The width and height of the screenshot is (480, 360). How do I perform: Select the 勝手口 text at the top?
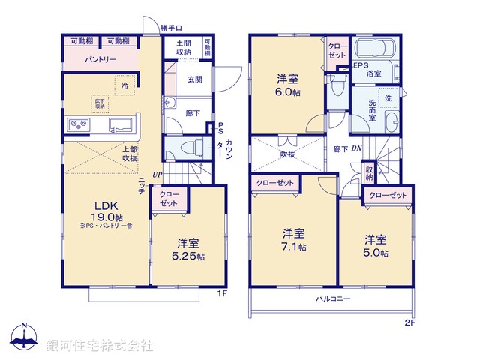[x=172, y=28]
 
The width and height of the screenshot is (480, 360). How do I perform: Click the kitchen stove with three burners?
[x=79, y=124]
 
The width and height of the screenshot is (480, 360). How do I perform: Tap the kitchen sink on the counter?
[x=120, y=124]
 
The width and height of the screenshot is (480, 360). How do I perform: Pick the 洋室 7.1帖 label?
[x=294, y=238]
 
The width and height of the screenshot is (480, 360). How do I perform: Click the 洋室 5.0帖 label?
[x=376, y=245]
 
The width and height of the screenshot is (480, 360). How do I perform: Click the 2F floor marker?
[x=409, y=322]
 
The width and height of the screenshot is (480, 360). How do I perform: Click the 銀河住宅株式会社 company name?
[x=99, y=345]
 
